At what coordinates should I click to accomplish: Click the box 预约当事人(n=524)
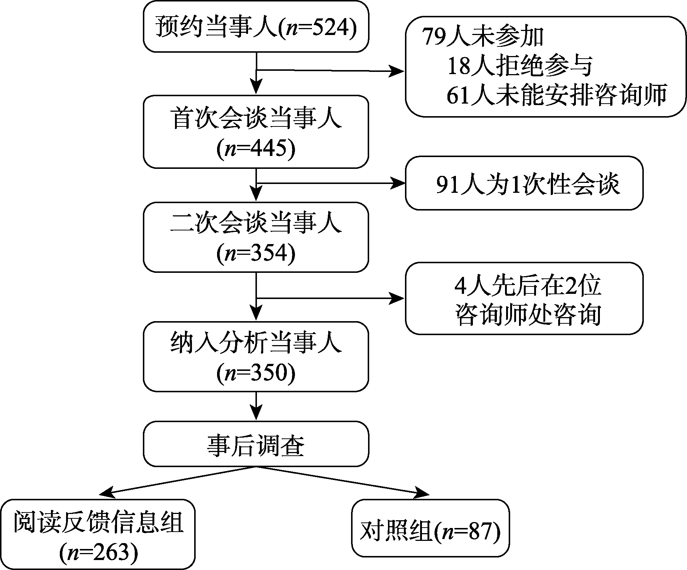pyautogui.click(x=256, y=27)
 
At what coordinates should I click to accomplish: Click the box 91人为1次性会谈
pyautogui.click(x=524, y=183)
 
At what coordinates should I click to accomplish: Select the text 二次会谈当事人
pyautogui.click(x=256, y=223)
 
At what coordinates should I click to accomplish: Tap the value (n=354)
pyautogui.click(x=256, y=254)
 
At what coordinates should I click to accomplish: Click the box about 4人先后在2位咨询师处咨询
pyautogui.click(x=524, y=298)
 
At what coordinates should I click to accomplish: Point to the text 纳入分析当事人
pyautogui.click(x=256, y=343)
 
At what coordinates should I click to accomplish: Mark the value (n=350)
pyautogui.click(x=256, y=373)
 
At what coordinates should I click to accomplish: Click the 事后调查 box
pyautogui.click(x=256, y=444)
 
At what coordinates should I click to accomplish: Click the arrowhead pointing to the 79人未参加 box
pyautogui.click(x=397, y=70)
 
